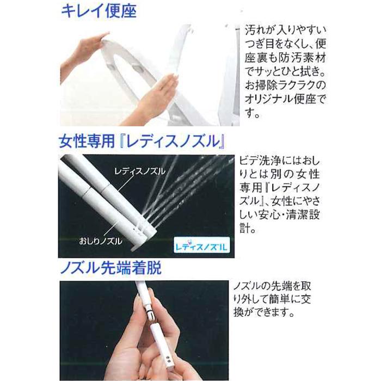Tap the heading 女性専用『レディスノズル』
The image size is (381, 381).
tap(143, 144)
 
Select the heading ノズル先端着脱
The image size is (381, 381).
tap(109, 269)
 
